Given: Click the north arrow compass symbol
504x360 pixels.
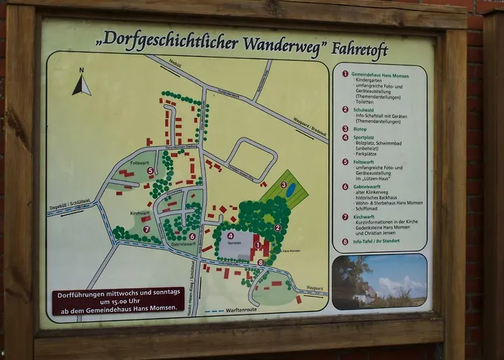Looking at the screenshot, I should coord(81,84).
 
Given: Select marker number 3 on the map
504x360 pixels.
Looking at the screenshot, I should coord(283,185).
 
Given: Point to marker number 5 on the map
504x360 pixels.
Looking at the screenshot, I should coord(150,171).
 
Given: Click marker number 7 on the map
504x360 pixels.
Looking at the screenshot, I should coord(146,230).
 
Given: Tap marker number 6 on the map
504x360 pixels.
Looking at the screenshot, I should coord(192,236).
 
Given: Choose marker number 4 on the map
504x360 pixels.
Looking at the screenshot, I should coord(230,235).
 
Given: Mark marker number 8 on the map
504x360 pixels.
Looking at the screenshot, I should coord(260,262).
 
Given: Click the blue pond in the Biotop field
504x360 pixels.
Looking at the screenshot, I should coord(291,190).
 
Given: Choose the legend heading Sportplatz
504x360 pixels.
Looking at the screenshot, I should coord(363,137).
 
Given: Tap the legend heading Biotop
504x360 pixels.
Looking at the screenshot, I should coord(360,128).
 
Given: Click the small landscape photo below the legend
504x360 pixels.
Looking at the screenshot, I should coord(379,282).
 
